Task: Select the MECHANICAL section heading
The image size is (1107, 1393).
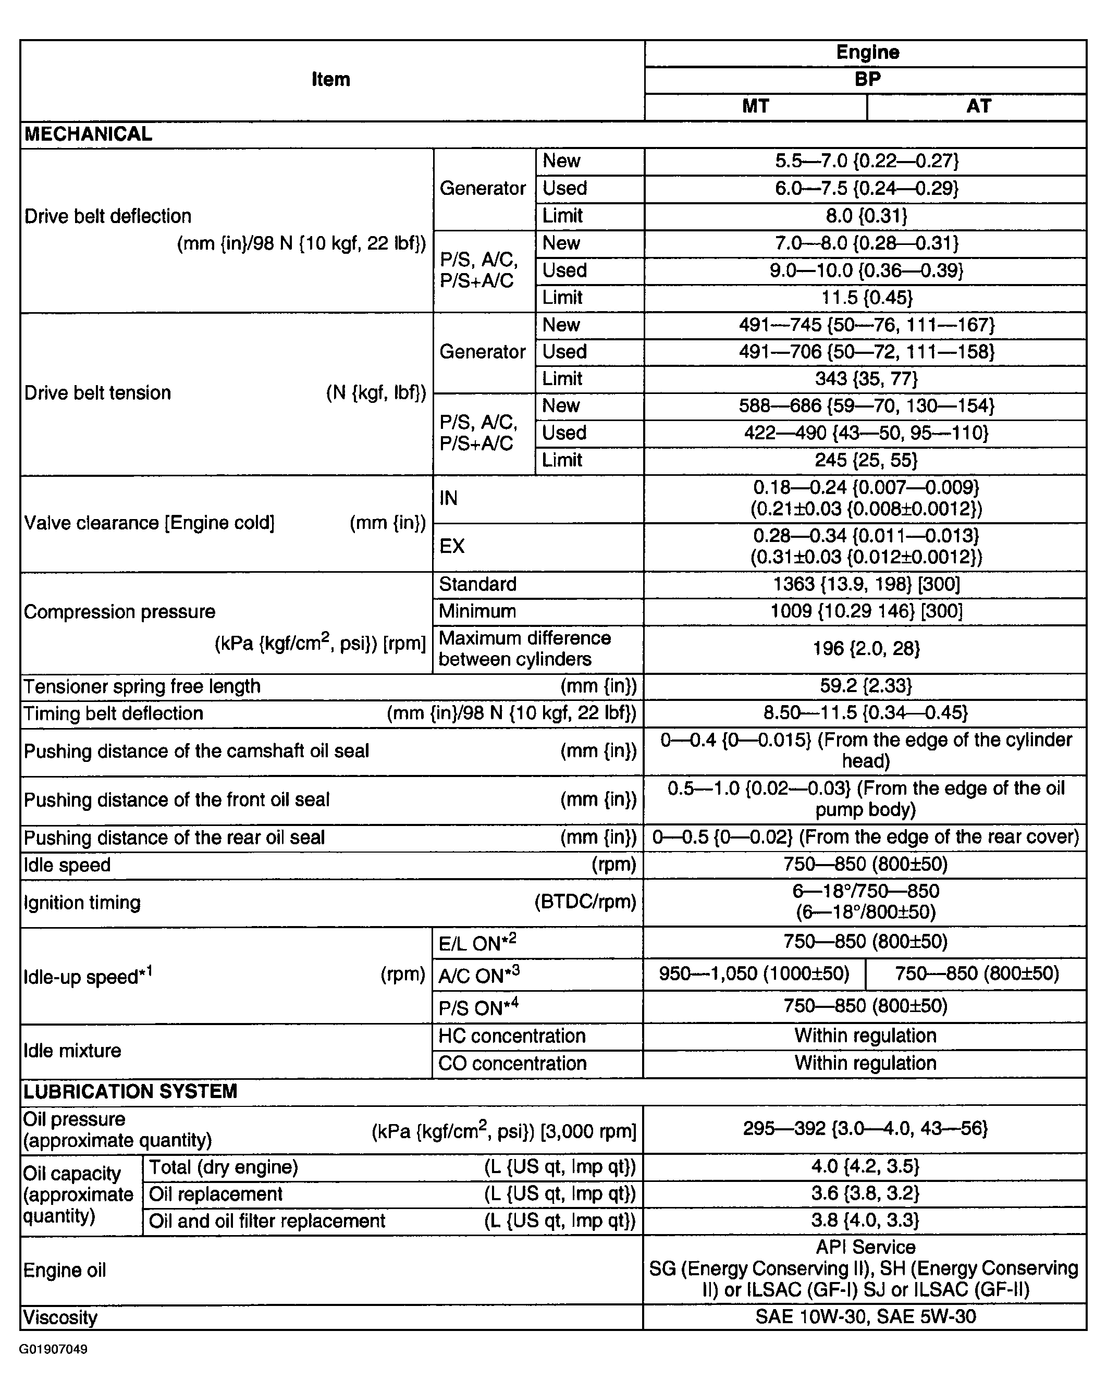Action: (89, 134)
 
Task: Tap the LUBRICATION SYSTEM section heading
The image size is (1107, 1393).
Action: (130, 1091)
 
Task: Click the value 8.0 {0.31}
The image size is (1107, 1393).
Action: (866, 216)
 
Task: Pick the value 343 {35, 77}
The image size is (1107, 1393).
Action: (866, 379)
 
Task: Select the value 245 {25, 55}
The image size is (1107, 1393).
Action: (866, 460)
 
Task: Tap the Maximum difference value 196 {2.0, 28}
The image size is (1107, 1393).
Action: (866, 649)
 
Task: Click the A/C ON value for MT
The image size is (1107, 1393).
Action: (754, 973)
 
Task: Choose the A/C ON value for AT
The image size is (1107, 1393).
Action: (977, 973)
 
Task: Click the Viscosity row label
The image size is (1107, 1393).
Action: (61, 1317)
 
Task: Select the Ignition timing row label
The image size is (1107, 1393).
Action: (82, 903)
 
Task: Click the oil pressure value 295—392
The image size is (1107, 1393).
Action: (865, 1129)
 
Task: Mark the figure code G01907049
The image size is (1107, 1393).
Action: (53, 1349)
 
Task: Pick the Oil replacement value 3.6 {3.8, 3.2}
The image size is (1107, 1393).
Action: (865, 1193)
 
